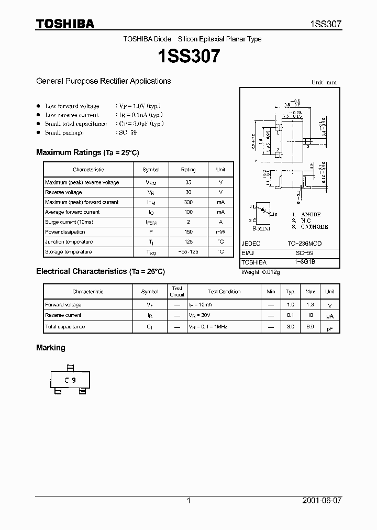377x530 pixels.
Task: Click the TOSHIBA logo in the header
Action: coord(65,24)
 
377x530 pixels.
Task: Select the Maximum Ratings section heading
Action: coord(87,152)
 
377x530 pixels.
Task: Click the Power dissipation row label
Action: coord(65,232)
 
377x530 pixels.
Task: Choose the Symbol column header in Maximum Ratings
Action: coord(151,170)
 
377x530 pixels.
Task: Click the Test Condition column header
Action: coord(224,292)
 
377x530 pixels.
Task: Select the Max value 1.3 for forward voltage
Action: coord(310,304)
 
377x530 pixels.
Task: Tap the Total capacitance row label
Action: coord(65,327)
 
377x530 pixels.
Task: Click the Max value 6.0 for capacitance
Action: coord(310,327)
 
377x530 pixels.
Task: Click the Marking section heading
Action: coord(51,348)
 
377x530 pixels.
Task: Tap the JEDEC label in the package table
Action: coord(251,244)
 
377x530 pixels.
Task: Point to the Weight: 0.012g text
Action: coord(261,272)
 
